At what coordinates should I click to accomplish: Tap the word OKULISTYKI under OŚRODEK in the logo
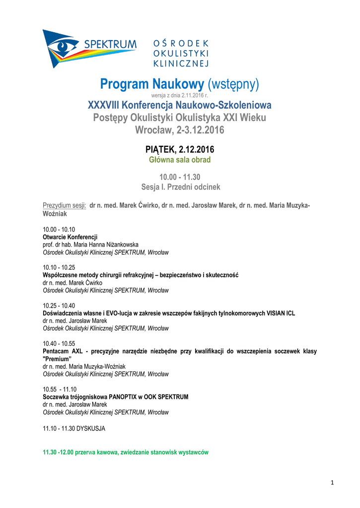pos(181,53)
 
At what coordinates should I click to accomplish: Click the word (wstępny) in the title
pos(233,85)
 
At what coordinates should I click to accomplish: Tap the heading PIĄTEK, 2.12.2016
pos(180,149)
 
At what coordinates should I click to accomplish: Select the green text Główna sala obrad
pos(180,160)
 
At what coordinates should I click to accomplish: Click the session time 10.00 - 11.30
pos(180,177)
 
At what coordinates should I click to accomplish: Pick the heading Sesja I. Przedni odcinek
pos(180,187)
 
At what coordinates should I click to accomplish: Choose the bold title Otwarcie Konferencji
pos(70,237)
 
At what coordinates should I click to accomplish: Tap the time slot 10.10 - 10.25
pos(59,267)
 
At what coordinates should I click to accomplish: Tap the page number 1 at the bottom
pos(332,483)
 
